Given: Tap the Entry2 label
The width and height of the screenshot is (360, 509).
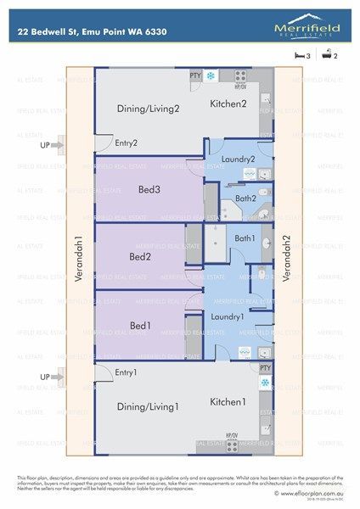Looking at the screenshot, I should [x=127, y=143].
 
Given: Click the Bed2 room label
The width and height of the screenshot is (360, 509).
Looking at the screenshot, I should [x=140, y=255].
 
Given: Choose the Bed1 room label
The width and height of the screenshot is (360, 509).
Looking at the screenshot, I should [x=140, y=324].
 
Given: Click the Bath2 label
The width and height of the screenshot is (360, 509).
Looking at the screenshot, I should [x=246, y=199].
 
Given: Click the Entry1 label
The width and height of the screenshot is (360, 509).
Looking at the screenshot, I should [x=127, y=373].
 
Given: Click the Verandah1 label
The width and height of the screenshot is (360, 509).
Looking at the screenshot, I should [x=78, y=259].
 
